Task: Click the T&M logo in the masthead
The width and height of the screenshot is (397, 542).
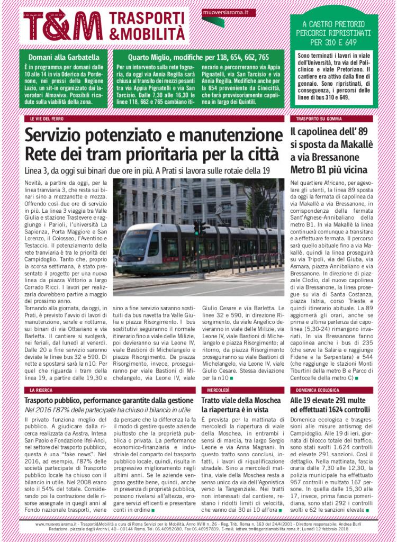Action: [64, 25]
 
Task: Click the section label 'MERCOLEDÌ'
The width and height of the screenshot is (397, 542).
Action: [215, 390]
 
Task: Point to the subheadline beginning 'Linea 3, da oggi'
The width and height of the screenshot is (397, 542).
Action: [147, 170]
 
